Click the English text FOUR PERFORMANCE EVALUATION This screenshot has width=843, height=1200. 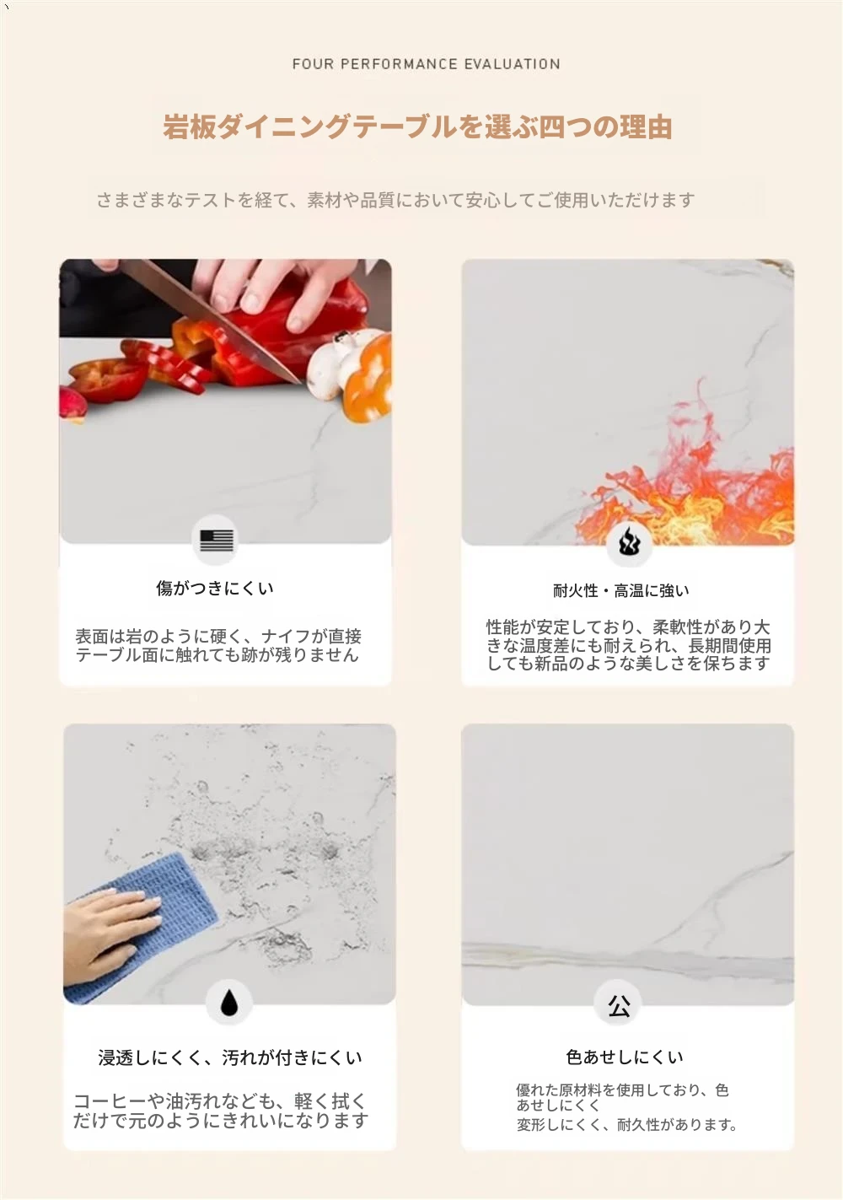427,64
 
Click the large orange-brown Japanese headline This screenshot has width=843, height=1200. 418,127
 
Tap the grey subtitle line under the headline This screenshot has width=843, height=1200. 396,200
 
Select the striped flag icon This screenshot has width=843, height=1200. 217,541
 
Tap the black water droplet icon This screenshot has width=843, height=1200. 229,1002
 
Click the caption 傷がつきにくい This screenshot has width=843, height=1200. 215,589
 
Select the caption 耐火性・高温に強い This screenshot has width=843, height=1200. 621,591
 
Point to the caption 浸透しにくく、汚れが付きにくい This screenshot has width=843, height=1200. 230,1057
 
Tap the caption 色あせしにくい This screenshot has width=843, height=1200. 625,1057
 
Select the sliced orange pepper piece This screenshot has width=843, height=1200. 369,378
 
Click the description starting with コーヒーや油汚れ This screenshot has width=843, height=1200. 221,1111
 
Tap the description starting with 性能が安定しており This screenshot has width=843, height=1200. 628,645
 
